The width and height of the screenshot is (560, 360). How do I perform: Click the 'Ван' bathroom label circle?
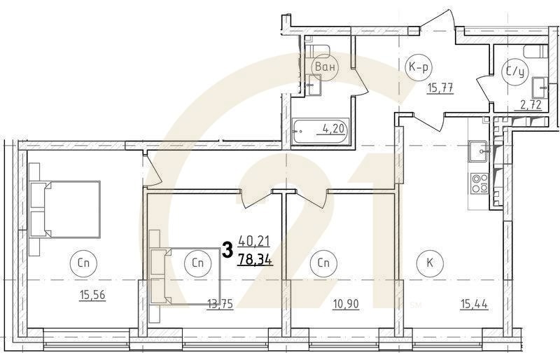click(x=325, y=67)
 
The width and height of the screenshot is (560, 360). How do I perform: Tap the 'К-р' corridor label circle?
click(x=418, y=67)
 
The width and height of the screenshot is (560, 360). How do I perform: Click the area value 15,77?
click(x=440, y=88)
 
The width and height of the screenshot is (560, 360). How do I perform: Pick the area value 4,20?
click(x=333, y=128)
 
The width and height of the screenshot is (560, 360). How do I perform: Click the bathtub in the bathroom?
click(x=319, y=132)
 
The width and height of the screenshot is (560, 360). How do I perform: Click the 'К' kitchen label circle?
click(x=426, y=264)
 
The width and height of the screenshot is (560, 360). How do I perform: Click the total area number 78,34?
click(x=255, y=259)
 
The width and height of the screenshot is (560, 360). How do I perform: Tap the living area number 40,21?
click(x=254, y=242)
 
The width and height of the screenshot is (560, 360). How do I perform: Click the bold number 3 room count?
click(x=227, y=250)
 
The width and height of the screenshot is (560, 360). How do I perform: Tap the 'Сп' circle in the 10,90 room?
click(x=323, y=264)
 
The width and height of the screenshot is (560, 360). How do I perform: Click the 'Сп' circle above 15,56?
click(x=83, y=264)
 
